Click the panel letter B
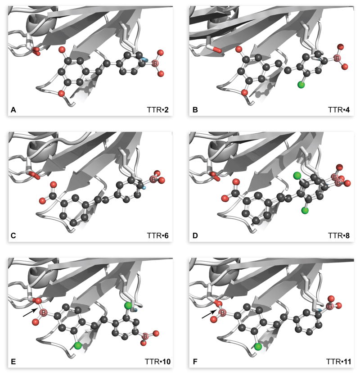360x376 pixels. tap(193, 109)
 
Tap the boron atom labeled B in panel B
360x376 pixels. tap(335, 58)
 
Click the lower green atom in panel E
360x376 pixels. tap(77, 345)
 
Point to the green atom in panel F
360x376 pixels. tap(257, 346)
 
